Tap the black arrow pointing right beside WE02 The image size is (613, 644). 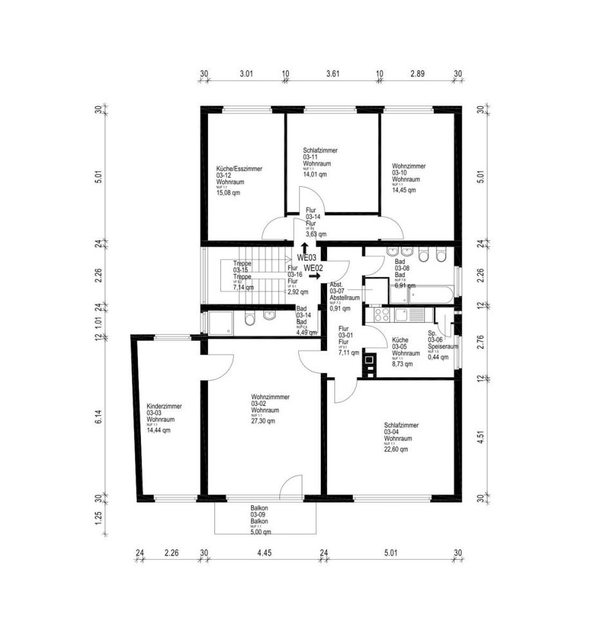tap(314, 276)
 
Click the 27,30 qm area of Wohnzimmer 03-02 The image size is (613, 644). tap(263, 422)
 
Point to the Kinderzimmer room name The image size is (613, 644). tap(164, 406)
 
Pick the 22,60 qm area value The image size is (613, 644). tap(396, 450)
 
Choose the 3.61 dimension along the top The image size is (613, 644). tap(333, 74)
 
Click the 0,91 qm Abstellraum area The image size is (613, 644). tap(339, 308)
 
